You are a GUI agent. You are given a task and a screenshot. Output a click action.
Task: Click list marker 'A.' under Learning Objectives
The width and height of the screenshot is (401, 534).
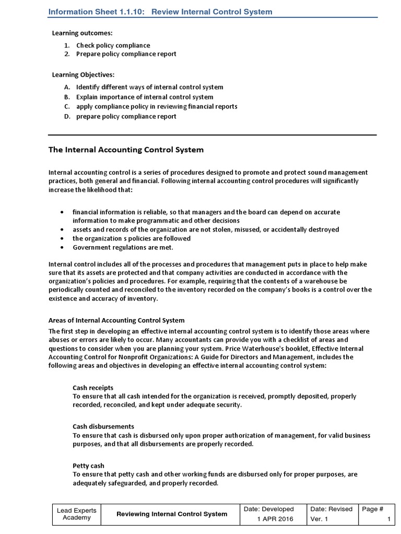[67, 87]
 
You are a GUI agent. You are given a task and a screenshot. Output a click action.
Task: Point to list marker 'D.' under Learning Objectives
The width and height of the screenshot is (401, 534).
[67, 116]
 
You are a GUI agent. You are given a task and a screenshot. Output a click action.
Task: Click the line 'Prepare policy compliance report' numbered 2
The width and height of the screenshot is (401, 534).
[126, 54]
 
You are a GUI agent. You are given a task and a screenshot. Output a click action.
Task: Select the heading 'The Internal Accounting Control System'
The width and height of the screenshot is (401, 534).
[126, 150]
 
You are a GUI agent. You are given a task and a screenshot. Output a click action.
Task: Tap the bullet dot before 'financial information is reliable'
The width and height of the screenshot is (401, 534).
[63, 212]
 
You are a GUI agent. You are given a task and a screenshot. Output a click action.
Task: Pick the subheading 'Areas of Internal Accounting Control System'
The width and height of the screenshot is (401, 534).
[116, 320]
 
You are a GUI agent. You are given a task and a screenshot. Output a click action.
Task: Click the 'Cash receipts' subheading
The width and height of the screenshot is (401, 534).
[92, 387]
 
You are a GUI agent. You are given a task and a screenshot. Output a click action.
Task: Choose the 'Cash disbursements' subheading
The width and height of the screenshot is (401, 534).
[103, 427]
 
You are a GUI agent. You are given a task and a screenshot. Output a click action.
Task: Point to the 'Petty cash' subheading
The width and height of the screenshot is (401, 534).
[88, 465]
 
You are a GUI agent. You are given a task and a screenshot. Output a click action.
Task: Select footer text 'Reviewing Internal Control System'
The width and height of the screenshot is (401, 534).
[171, 514]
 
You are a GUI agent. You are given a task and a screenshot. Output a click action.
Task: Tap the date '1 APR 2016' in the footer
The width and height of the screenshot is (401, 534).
[275, 519]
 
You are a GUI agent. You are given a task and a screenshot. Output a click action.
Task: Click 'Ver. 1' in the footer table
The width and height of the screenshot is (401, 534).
[319, 519]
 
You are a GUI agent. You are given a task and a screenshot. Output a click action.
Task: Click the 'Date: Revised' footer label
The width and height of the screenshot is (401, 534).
[332, 509]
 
